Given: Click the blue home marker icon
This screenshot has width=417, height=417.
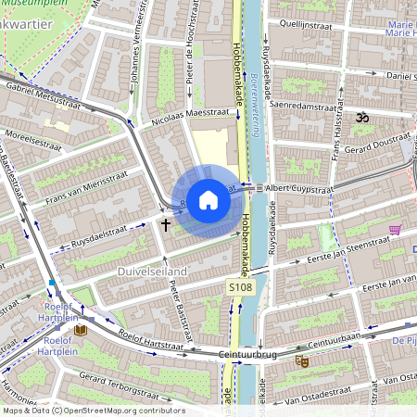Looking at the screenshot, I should click(x=208, y=200).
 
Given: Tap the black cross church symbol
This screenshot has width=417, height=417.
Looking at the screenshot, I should click(x=167, y=223).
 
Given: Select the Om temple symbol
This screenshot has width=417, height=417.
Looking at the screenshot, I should click(x=362, y=118).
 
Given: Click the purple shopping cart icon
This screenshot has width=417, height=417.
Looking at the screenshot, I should click(x=396, y=229).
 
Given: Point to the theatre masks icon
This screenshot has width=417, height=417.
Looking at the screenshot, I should click(x=300, y=360).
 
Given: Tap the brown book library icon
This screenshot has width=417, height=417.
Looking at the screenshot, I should click(x=81, y=329).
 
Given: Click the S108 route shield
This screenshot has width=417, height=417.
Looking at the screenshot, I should click(x=241, y=289).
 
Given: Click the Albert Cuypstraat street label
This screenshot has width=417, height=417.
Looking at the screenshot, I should click(x=297, y=188).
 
